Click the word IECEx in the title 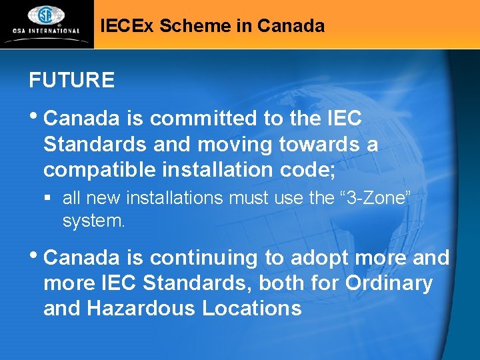(125, 27)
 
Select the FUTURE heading (71, 81)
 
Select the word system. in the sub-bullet (93, 221)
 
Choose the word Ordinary (389, 283)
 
